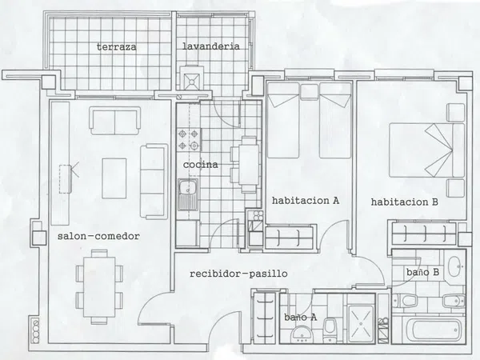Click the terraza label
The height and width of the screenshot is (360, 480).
click(x=116, y=47)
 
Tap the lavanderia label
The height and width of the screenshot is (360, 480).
click(x=211, y=46)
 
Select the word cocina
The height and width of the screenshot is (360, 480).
click(x=201, y=165)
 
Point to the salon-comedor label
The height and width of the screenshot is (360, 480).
click(x=98, y=236)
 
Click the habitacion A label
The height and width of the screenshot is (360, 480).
click(x=306, y=201)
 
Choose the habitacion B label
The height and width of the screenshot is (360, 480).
click(x=404, y=202)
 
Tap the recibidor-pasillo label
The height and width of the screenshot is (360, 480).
click(x=238, y=274)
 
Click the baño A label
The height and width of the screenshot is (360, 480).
click(x=300, y=317)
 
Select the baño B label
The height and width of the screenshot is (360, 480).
click(x=422, y=272)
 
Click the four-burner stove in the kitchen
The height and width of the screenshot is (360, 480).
click(x=189, y=139)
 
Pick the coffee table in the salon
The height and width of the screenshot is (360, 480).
click(x=114, y=178)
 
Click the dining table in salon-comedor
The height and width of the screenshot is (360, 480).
click(x=99, y=287)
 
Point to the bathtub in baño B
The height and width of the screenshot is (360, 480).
click(x=436, y=330)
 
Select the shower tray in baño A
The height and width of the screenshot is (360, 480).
click(x=362, y=323)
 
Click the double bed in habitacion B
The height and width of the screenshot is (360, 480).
click(x=427, y=150)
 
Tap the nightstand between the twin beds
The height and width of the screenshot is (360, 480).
click(x=309, y=92)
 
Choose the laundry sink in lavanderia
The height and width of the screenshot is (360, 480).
click(x=192, y=82)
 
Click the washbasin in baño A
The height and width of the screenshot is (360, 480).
click(x=302, y=334)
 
